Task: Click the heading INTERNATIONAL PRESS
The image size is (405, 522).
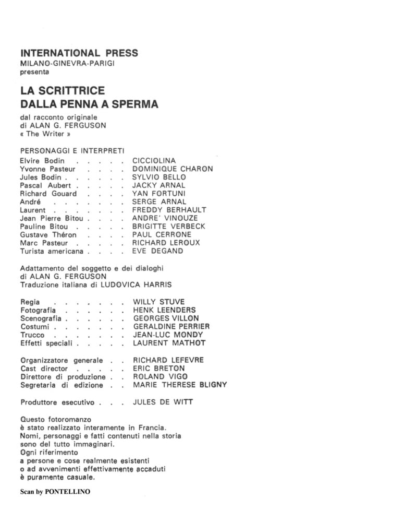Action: tap(79, 53)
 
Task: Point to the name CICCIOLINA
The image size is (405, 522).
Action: tap(154, 161)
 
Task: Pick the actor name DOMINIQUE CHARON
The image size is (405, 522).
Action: tap(173, 169)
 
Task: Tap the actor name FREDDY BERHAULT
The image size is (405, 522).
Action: tap(169, 210)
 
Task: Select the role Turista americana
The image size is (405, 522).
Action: tap(52, 251)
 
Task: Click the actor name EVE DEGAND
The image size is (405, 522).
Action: tap(158, 251)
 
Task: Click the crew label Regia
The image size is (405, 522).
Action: tap(30, 302)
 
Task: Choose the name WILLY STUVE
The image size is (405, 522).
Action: tap(159, 302)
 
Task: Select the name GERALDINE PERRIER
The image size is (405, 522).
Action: tap(171, 326)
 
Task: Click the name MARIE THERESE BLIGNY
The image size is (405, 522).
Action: tap(180, 385)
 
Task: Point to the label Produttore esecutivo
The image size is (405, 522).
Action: tap(57, 402)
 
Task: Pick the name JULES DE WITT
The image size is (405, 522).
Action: tap(163, 402)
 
